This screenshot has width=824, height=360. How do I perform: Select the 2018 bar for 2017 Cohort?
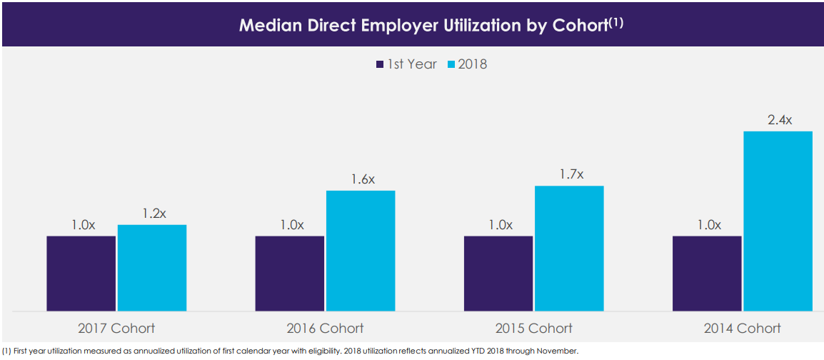tap(152, 268)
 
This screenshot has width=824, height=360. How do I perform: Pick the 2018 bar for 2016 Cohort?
tap(361, 251)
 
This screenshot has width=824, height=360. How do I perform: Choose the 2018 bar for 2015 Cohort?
tap(569, 249)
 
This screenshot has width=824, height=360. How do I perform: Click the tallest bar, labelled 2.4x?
tap(778, 221)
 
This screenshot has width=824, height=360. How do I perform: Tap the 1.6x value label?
tap(363, 179)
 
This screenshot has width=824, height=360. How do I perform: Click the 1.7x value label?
tap(571, 174)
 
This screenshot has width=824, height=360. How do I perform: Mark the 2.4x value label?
tap(780, 120)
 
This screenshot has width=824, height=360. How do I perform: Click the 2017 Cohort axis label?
tap(116, 329)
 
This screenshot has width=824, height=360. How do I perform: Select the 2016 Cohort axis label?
tap(325, 329)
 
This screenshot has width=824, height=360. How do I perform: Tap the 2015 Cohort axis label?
tap(533, 329)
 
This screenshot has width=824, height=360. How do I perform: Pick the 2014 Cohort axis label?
tap(743, 329)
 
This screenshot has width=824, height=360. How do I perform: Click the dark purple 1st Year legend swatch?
tap(380, 65)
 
